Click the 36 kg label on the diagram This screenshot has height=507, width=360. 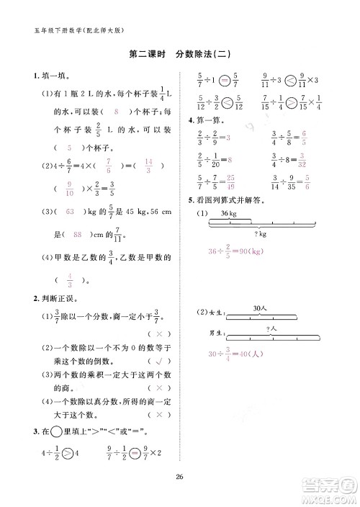pyautogui.click(x=229, y=215)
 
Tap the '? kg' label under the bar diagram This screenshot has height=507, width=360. pyautogui.click(x=260, y=235)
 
